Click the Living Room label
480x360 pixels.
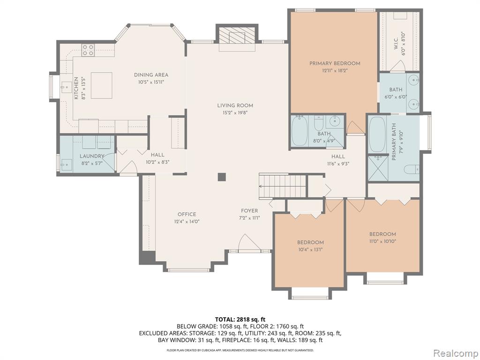(x=235, y=105)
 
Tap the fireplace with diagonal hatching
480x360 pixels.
(x=237, y=37)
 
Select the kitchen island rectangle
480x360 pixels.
(x=102, y=85)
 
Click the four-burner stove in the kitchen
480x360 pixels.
(x=88, y=50)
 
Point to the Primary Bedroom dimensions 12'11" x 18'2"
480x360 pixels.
(x=335, y=70)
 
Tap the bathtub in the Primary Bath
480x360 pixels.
(x=377, y=135)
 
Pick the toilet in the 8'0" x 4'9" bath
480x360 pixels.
(x=319, y=122)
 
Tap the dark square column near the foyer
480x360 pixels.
(x=222, y=177)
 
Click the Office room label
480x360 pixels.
(x=187, y=214)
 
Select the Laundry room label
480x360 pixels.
(x=92, y=156)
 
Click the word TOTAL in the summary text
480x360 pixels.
(x=225, y=320)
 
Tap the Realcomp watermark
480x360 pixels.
(x=455, y=353)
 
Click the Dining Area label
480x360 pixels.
(x=151, y=75)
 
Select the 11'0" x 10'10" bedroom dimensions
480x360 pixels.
(x=382, y=241)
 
